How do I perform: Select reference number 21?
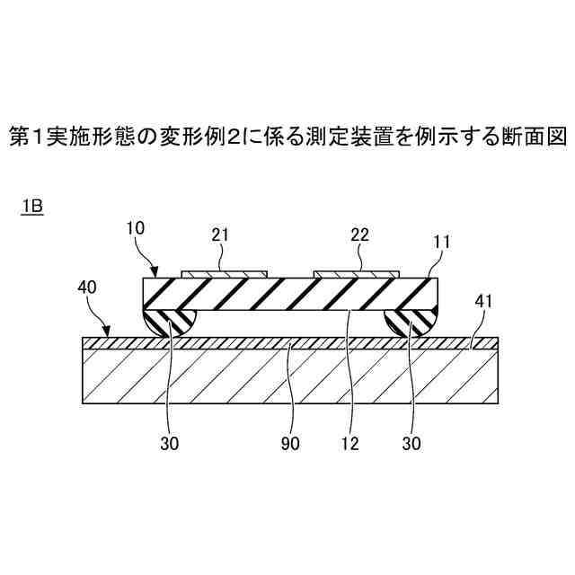(x=220, y=235)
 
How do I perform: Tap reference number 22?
(x=359, y=235)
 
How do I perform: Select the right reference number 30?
(x=412, y=444)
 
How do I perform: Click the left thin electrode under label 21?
(x=224, y=273)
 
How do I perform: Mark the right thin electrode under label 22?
(x=356, y=273)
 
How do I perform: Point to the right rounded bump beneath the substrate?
(x=410, y=322)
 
